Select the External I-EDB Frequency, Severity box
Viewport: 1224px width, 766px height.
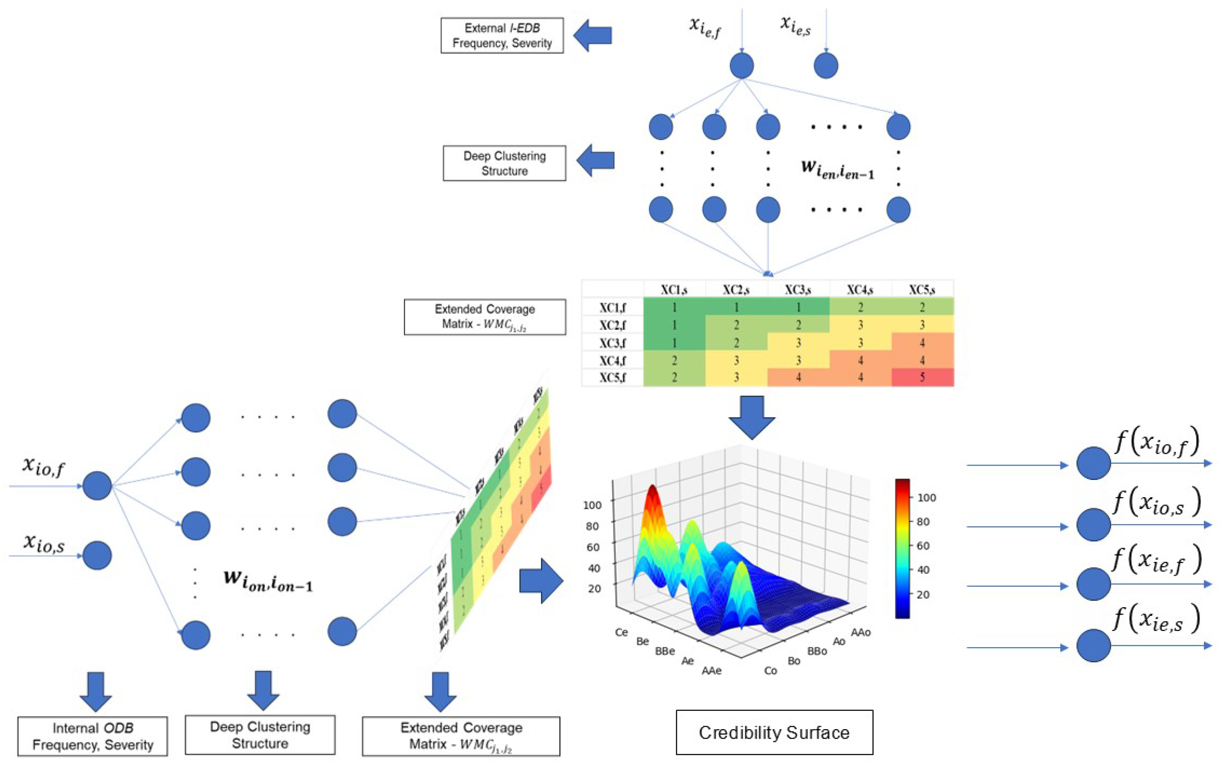(x=501, y=35)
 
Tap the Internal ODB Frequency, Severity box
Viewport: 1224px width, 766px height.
(x=93, y=736)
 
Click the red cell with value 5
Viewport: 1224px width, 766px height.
(x=922, y=377)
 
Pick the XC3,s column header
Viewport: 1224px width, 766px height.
(x=798, y=290)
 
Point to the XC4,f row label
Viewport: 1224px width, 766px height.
(x=612, y=361)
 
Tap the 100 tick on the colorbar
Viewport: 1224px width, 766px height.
(x=926, y=497)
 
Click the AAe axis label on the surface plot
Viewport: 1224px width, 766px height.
(x=711, y=670)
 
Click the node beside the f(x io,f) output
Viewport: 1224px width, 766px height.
(x=1093, y=463)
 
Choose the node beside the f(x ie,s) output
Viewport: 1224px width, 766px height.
(x=1093, y=646)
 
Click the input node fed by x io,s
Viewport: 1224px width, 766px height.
(x=97, y=555)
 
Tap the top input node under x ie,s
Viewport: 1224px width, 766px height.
(x=825, y=66)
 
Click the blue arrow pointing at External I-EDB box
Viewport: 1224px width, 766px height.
(x=593, y=35)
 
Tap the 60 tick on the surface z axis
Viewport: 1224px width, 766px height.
(x=593, y=547)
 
